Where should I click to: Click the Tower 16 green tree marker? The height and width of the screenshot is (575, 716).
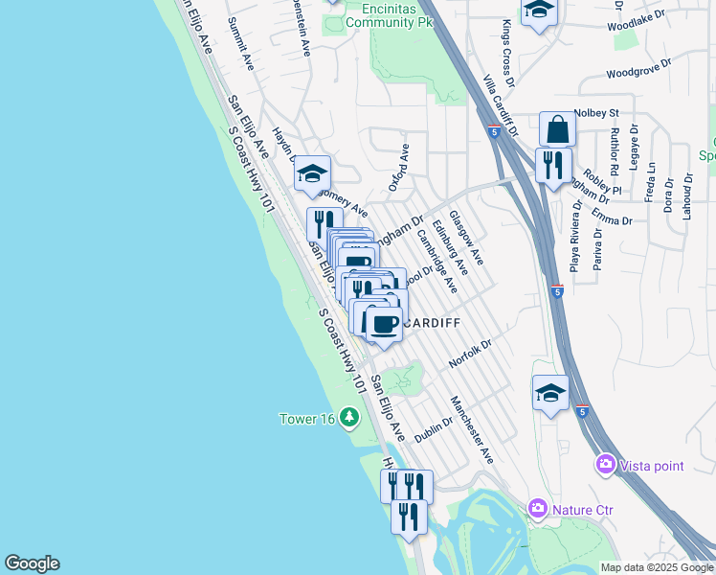point(349,417)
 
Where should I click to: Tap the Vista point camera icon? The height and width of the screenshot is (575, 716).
point(605,466)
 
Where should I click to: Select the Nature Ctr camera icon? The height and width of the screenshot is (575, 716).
point(538,508)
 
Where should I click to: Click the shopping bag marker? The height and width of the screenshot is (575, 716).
point(557,129)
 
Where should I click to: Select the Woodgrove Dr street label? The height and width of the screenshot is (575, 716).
point(638,72)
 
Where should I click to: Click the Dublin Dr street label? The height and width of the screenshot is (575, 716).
point(434,428)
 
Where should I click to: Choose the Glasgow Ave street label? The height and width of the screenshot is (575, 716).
point(466,239)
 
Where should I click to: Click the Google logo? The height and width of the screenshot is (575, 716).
point(32,563)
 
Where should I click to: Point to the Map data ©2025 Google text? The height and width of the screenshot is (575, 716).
point(657,567)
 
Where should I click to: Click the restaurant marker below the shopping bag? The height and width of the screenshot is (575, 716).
point(553,166)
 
